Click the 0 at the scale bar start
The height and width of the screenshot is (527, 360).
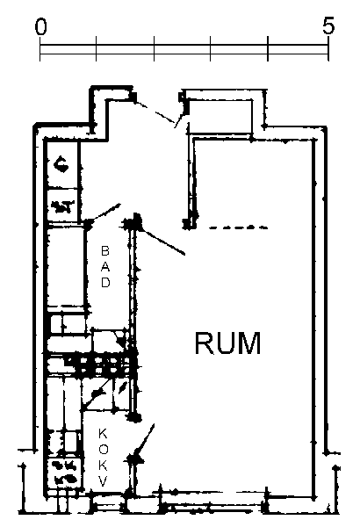[40, 27]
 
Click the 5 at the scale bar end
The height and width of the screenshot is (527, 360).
[328, 25]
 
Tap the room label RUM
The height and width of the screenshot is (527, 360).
[227, 343]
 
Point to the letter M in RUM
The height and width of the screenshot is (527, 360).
[249, 343]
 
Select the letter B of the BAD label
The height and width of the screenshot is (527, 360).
[105, 250]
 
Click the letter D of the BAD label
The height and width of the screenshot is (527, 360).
[105, 282]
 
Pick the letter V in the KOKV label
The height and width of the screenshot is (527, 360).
[104, 482]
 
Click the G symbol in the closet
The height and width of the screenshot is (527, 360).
[61, 165]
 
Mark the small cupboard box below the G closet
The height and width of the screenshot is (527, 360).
[62, 206]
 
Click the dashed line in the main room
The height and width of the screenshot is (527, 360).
[238, 227]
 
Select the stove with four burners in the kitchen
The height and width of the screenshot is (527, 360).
[64, 473]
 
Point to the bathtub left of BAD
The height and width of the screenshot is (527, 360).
[66, 266]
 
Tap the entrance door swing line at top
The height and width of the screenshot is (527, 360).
[155, 112]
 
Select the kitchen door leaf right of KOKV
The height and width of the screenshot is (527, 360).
[144, 440]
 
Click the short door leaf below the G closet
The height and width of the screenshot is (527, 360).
[104, 212]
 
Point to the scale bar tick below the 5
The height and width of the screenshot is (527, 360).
[328, 48]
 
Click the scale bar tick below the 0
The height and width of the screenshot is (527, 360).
[40, 48]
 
